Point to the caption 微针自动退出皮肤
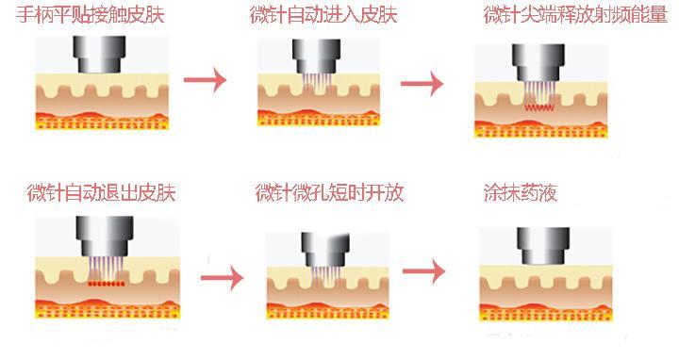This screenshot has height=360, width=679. click(101, 194)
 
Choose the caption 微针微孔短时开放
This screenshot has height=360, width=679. click(329, 194)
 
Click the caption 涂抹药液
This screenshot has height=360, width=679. click(519, 194)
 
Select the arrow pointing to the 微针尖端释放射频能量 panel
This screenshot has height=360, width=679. click(422, 84)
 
